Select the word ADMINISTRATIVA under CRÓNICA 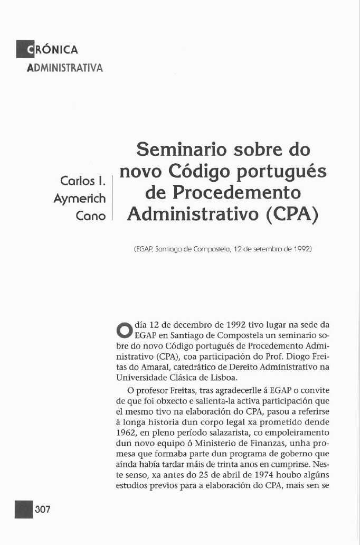click(64, 68)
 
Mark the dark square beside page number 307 click(24, 509)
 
